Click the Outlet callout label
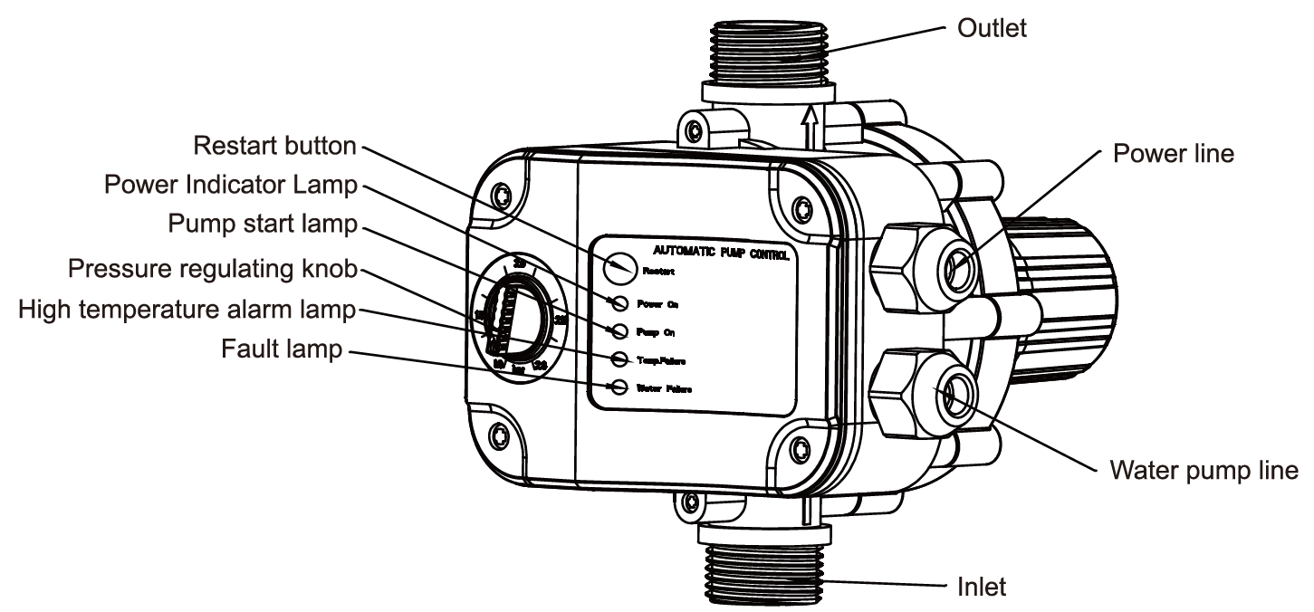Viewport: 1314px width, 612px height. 992,28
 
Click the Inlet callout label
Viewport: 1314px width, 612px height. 982,587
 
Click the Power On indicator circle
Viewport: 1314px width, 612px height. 620,302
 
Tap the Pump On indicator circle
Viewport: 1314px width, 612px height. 620,330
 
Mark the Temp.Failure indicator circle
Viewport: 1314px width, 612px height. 620,359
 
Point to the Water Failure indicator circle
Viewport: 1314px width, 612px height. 620,387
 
